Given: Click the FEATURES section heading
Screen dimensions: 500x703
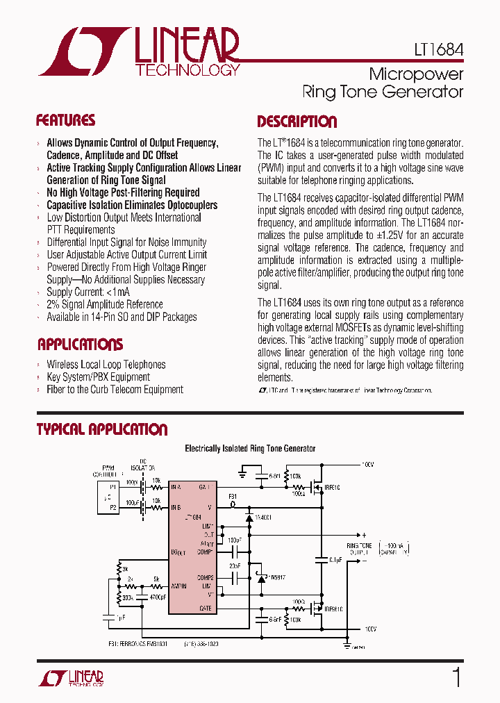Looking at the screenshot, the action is click(65, 120).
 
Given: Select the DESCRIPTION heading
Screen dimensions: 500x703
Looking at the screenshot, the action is click(297, 122).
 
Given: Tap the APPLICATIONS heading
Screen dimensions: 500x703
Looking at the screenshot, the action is click(80, 345).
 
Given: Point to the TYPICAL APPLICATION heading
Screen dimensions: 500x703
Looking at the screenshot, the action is click(101, 429).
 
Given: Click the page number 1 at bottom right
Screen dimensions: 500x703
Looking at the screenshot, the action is click(456, 677).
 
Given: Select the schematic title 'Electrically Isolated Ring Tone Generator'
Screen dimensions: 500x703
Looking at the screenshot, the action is click(250, 449).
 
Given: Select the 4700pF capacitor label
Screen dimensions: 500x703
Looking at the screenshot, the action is click(158, 597).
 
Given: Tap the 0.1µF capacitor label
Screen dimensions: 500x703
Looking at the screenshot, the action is click(335, 559).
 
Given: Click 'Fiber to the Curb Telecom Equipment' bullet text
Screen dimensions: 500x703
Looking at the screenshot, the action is click(115, 390).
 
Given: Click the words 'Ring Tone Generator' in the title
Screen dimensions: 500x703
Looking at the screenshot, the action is click(383, 91).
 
